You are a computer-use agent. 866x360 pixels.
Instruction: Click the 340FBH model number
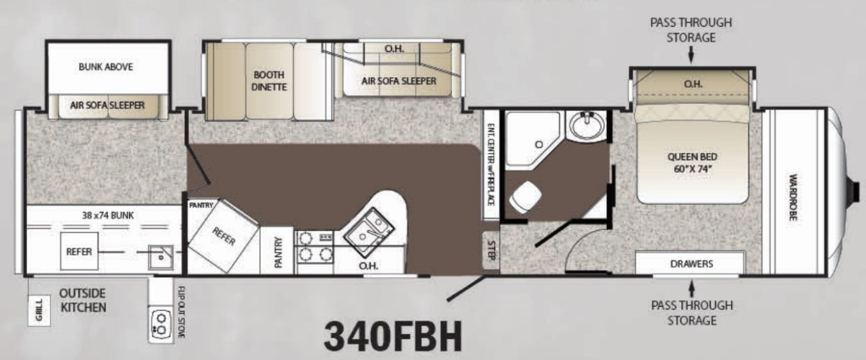(393, 335)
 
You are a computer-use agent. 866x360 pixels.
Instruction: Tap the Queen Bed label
(692, 162)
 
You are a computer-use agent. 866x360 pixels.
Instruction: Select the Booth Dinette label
(269, 81)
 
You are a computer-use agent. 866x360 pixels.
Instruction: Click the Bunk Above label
(105, 67)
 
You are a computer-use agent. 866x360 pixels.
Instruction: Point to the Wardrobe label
(793, 198)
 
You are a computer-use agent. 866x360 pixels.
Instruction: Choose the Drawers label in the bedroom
(691, 264)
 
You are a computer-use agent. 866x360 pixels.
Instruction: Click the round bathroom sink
(587, 126)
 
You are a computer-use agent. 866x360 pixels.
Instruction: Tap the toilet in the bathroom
(525, 197)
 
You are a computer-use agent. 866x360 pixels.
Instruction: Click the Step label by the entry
(491, 250)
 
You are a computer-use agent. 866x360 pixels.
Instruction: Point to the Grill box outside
(39, 310)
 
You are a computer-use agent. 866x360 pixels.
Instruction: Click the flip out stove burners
(159, 324)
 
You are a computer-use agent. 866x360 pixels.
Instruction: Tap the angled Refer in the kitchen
(224, 236)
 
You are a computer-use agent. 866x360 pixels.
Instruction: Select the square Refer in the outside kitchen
(79, 251)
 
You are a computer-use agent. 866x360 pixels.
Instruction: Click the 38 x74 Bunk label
(108, 216)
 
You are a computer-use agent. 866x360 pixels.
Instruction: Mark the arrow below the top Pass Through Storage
(691, 54)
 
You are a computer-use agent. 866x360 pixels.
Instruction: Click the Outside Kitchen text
(83, 300)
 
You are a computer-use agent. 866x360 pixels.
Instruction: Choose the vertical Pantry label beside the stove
(279, 252)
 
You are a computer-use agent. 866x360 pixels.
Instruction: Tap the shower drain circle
(538, 144)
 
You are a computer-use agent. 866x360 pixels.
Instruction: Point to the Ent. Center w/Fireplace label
(491, 164)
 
